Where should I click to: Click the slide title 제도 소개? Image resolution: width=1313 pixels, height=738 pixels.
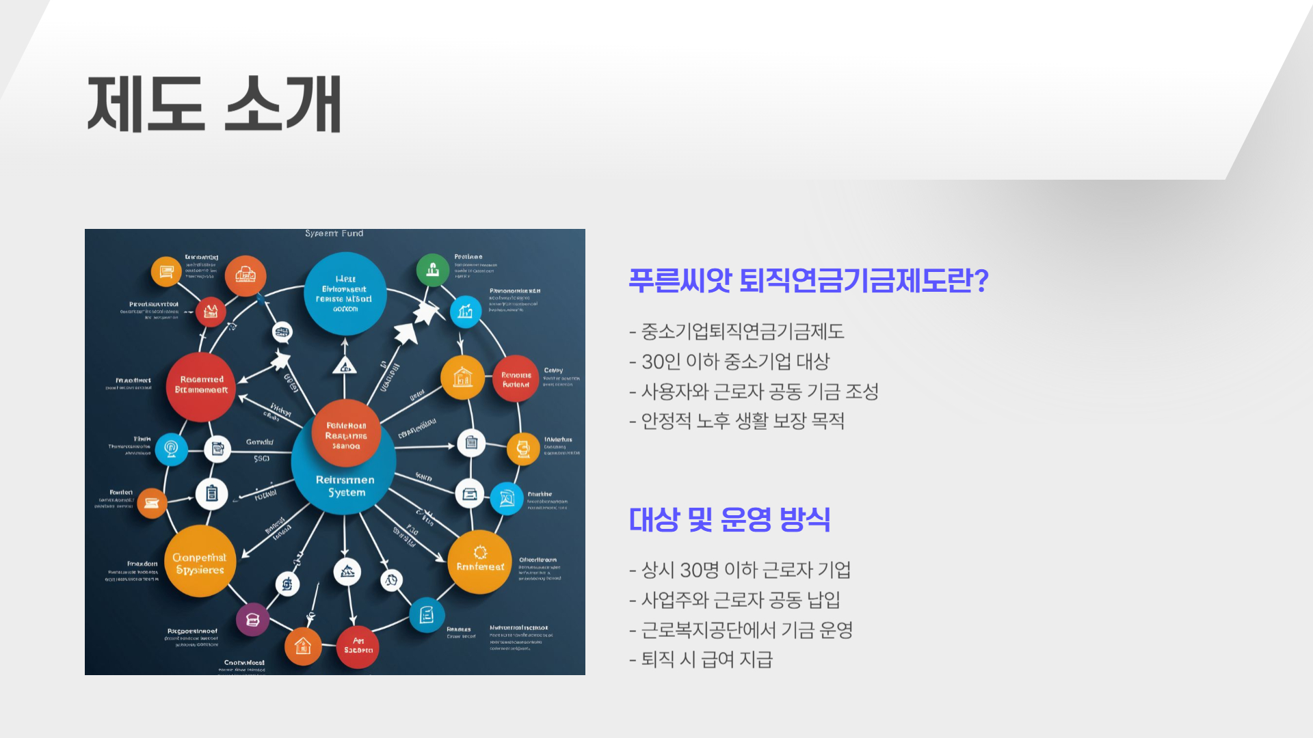click(214, 104)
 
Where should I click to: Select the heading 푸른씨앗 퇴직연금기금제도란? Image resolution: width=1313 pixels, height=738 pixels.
click(808, 280)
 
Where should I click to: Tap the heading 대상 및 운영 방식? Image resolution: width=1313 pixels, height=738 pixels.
click(729, 519)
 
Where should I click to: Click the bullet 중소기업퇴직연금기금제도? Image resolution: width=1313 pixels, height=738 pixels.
click(737, 332)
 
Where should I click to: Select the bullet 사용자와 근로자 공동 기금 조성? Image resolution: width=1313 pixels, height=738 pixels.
click(754, 392)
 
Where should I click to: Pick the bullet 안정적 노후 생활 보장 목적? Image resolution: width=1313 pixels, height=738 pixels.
click(737, 421)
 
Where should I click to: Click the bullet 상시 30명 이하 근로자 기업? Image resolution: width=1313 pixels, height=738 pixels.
click(740, 570)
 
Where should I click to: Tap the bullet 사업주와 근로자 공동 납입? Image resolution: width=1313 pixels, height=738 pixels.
click(734, 600)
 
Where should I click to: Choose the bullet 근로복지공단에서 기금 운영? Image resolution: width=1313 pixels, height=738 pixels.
click(741, 630)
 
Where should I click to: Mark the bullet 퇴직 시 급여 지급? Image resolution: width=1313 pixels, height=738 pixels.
click(701, 660)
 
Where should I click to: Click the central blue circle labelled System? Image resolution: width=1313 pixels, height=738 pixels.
click(345, 478)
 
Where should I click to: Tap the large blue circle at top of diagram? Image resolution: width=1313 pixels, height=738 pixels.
click(345, 294)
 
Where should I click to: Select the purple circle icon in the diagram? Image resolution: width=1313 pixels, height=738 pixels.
click(252, 620)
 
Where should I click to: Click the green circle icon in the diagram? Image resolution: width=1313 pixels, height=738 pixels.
click(432, 269)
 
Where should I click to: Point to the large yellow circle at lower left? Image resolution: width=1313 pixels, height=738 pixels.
click(200, 562)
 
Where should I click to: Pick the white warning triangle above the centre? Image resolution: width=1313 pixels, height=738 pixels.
click(345, 366)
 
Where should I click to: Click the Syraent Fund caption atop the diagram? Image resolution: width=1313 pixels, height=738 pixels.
click(334, 234)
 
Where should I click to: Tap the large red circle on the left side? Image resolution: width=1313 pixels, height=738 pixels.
click(201, 386)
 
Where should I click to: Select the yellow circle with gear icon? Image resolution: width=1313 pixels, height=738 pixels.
click(479, 562)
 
